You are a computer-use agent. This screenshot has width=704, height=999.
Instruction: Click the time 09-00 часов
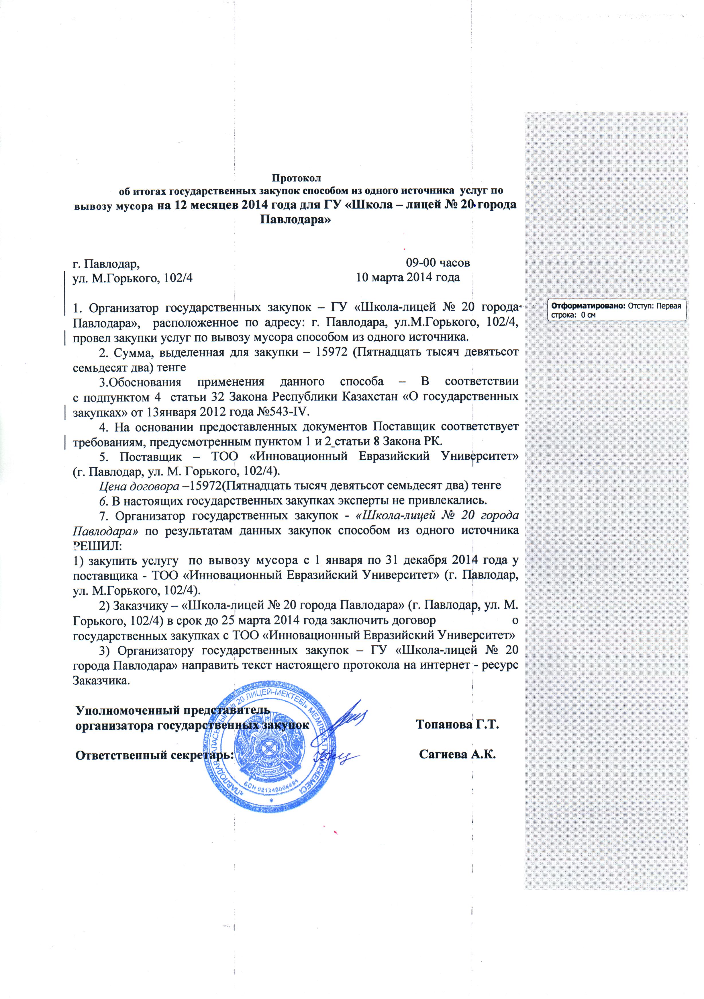click(438, 263)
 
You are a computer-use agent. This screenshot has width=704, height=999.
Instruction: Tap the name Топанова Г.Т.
click(456, 725)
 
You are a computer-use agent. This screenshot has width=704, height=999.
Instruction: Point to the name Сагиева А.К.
click(458, 755)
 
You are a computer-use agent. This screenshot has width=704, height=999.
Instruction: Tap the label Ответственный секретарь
click(155, 755)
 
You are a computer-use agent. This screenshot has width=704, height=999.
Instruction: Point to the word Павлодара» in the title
click(295, 219)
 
